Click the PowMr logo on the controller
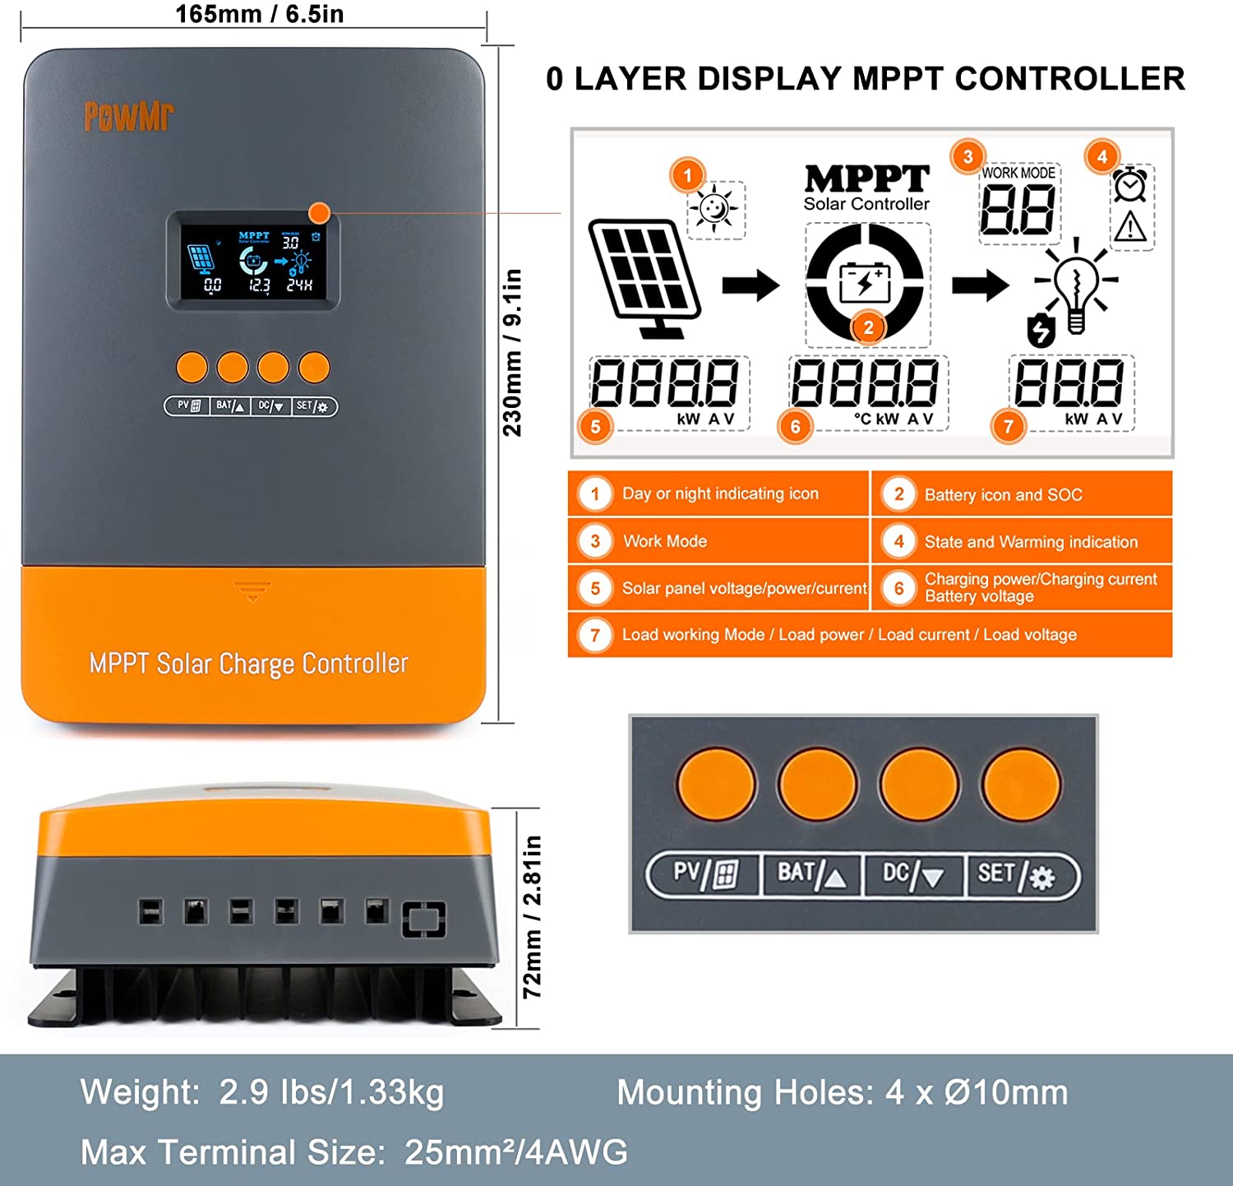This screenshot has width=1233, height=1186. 129,117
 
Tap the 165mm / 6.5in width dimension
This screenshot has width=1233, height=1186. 259,14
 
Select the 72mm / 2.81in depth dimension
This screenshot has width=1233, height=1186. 533,916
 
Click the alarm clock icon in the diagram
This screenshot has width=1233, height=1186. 1130,185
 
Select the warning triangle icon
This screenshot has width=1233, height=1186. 1131,226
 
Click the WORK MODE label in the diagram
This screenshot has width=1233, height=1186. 1018,173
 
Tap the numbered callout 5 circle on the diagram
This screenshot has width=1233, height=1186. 595,426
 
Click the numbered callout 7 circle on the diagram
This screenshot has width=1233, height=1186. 1009,426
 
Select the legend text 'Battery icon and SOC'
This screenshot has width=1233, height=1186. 1003,495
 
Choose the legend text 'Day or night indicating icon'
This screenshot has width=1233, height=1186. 720,493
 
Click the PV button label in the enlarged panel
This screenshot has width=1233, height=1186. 704,873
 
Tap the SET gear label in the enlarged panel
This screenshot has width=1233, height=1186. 1016,874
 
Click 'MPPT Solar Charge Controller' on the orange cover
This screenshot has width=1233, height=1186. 248,664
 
